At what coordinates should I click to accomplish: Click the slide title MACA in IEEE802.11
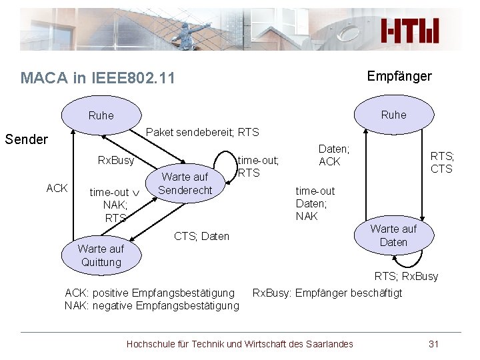coord(98,78)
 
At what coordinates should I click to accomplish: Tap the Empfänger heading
coord(399,76)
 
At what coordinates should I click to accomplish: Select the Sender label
coord(26,139)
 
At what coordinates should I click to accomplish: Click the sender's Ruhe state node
coord(101,115)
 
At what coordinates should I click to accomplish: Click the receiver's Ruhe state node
coord(393,115)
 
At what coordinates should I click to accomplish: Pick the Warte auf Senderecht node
coord(185,183)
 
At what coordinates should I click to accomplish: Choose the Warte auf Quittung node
coord(101,255)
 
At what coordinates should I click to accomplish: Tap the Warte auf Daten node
coord(393,235)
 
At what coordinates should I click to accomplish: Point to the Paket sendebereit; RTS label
coord(202,132)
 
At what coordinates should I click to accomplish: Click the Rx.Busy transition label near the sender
coord(116,160)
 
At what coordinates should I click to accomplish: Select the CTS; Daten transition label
coord(201,236)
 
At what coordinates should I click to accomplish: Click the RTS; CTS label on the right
coord(442,162)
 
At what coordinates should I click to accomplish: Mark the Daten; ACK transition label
coord(333,155)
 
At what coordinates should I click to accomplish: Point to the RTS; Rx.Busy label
coord(406,276)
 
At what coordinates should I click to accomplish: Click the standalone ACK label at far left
coord(57,188)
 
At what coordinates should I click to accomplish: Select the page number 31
coord(433,344)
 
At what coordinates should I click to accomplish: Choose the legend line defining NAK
coord(151,305)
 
